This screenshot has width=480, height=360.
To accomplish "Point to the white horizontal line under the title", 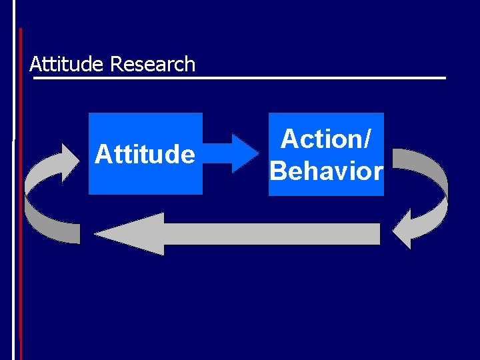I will coord(240,78).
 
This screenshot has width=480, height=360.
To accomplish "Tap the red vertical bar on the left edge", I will coord(20,200).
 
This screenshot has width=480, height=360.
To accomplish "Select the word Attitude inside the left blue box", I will coord(145,155).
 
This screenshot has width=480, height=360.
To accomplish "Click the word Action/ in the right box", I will coord(326,139).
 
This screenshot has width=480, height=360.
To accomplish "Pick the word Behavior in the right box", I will coord(326,171).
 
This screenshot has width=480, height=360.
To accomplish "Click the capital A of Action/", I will coord(289,139).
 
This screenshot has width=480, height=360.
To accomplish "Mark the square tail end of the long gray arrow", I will coord(377,233).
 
